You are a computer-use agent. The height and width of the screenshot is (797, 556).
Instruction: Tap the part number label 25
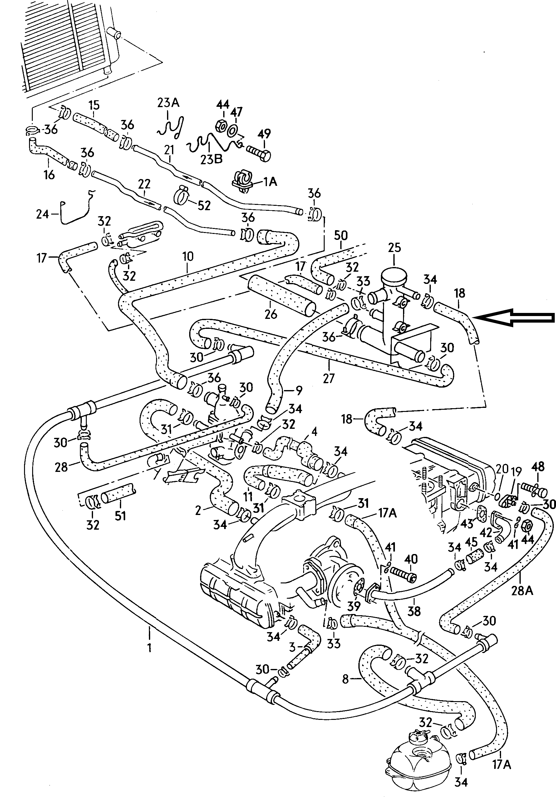tap(394, 248)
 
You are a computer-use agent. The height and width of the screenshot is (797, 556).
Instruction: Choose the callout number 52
tap(204, 205)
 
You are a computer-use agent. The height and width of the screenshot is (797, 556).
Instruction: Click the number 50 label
tap(341, 236)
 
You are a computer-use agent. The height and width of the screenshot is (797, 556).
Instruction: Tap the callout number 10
tap(187, 257)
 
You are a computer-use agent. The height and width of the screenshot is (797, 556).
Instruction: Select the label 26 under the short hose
tap(271, 314)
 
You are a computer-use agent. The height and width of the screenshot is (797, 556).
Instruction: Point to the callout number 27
tap(328, 378)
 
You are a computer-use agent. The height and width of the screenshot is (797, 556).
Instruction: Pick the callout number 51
tap(120, 516)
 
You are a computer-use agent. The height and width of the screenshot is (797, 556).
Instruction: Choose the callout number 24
tap(42, 214)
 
